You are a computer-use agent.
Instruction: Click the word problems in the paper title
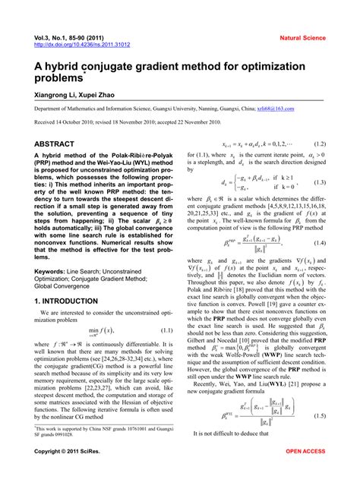click(x=65, y=78)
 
